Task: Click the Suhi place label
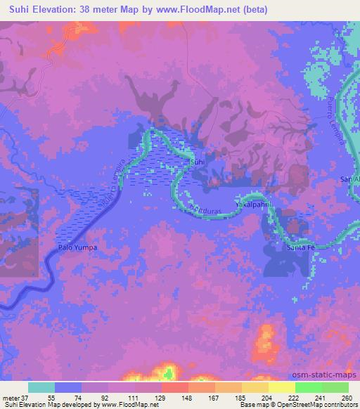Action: tap(198, 162)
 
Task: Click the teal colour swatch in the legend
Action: tap(41, 387)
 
